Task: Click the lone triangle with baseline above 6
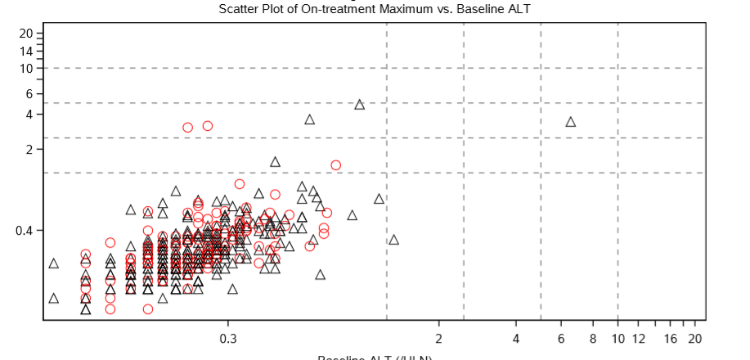(570, 122)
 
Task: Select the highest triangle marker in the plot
(359, 105)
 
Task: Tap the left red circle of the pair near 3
(187, 128)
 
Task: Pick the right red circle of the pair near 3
(208, 126)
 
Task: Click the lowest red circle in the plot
(148, 308)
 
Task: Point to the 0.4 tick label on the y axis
(24, 231)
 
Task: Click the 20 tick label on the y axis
(26, 34)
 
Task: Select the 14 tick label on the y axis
(26, 52)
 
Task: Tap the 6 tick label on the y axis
(29, 94)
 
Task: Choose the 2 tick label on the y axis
(29, 150)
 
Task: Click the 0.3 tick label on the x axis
(227, 340)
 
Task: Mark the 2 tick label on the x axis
(438, 340)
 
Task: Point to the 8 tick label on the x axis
(592, 340)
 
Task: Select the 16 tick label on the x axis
(670, 340)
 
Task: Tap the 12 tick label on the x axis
(638, 340)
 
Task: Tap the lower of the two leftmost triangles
(54, 298)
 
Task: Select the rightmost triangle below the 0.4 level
(393, 240)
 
